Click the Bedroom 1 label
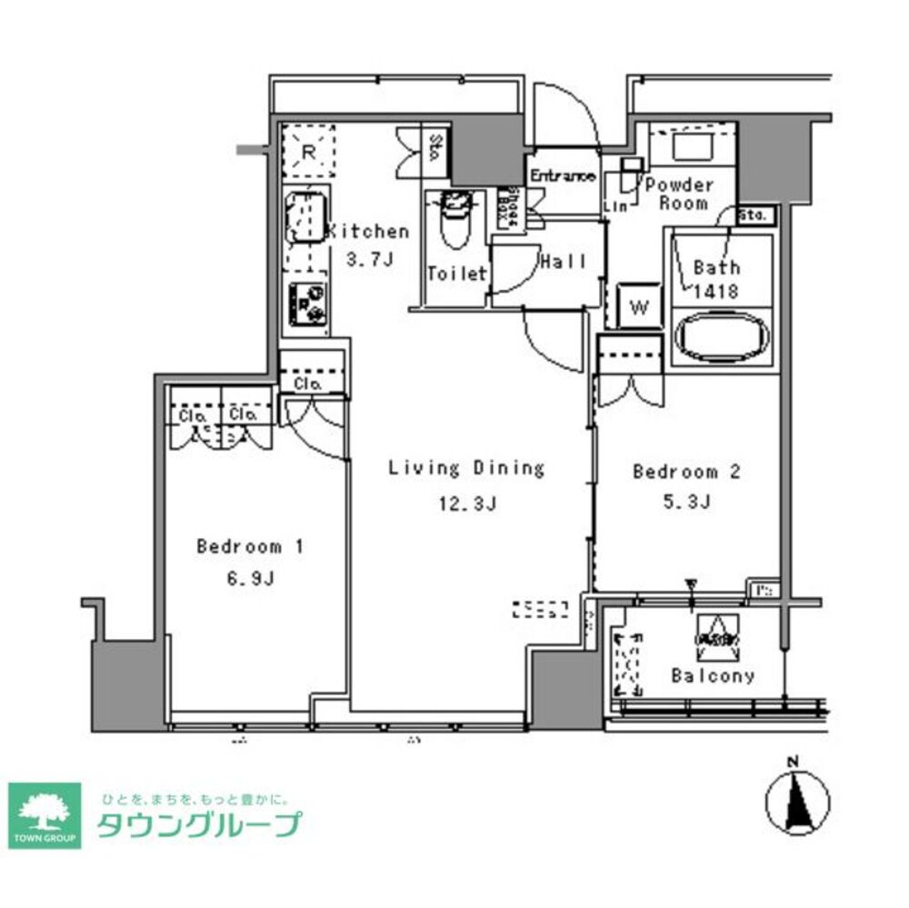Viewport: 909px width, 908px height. [x=249, y=546]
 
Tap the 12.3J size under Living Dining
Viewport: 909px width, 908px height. [x=465, y=504]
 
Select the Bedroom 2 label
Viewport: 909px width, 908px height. [x=686, y=472]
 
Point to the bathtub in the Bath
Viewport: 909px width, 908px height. [x=723, y=337]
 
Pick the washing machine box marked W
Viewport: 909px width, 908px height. [x=639, y=306]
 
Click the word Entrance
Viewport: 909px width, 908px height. [x=563, y=175]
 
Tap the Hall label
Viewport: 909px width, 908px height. [x=564, y=262]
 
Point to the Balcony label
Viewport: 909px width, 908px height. [x=713, y=675]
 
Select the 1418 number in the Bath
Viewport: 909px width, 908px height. [x=716, y=291]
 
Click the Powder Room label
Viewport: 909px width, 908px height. [x=681, y=193]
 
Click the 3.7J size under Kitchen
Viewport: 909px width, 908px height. [x=369, y=259]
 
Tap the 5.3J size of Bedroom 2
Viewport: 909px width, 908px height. [x=686, y=501]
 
